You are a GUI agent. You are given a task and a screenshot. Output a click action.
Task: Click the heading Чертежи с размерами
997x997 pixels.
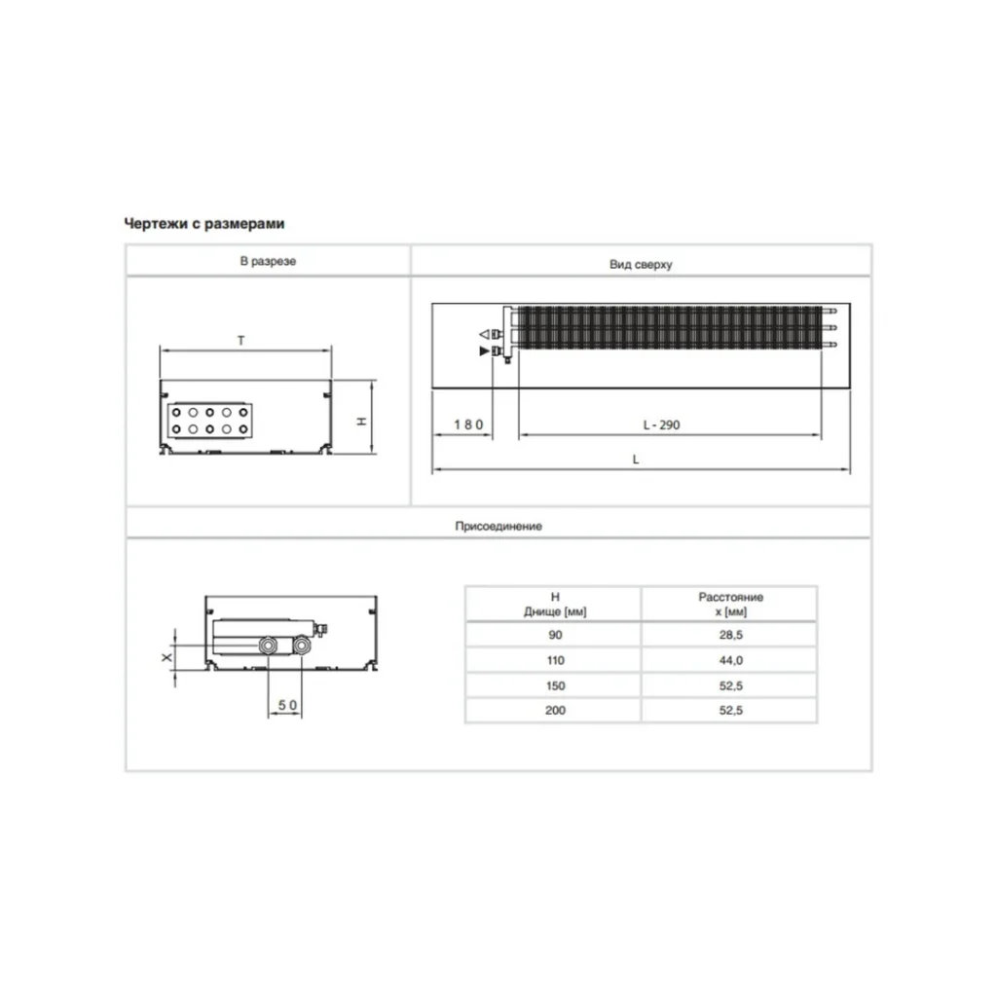[204, 224]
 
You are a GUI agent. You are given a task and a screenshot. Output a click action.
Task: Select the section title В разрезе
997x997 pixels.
[268, 261]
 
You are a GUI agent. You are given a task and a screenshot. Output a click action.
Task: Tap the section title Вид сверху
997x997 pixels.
[641, 265]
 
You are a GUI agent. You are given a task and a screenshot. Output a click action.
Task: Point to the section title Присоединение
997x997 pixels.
[498, 526]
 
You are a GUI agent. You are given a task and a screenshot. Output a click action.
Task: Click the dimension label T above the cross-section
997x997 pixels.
[241, 341]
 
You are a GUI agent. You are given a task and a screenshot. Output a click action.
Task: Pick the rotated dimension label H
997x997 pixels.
[361, 421]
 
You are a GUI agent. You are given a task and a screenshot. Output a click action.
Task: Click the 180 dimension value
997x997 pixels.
[468, 425]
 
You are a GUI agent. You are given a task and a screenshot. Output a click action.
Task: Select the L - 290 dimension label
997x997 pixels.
[661, 425]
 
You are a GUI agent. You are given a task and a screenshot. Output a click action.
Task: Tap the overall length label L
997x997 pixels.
[635, 460]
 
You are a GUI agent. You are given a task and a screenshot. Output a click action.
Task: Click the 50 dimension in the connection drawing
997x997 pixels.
[287, 705]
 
